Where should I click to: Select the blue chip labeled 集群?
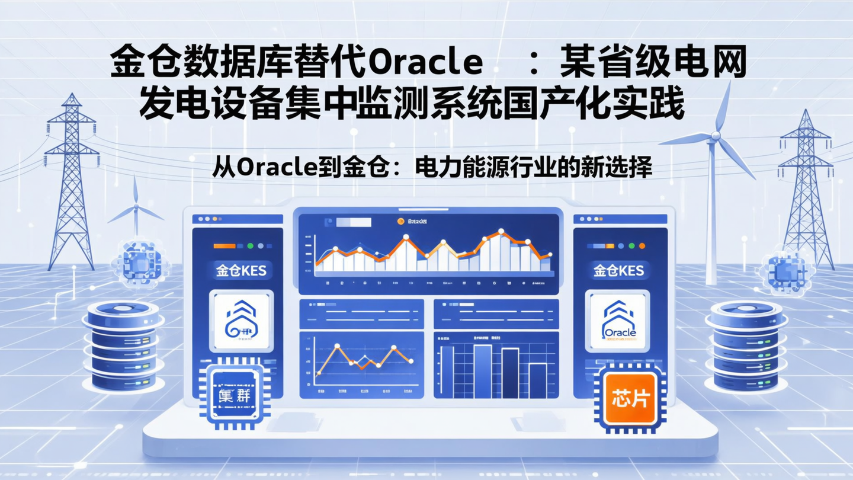[234, 395]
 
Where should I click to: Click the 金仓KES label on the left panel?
[240, 271]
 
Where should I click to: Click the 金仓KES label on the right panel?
[618, 271]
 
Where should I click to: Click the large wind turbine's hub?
[715, 136]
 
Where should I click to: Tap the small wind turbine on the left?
[135, 207]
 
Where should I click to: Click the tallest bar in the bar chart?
[482, 371]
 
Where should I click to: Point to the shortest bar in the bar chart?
[537, 380]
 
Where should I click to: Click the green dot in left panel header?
[250, 245]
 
